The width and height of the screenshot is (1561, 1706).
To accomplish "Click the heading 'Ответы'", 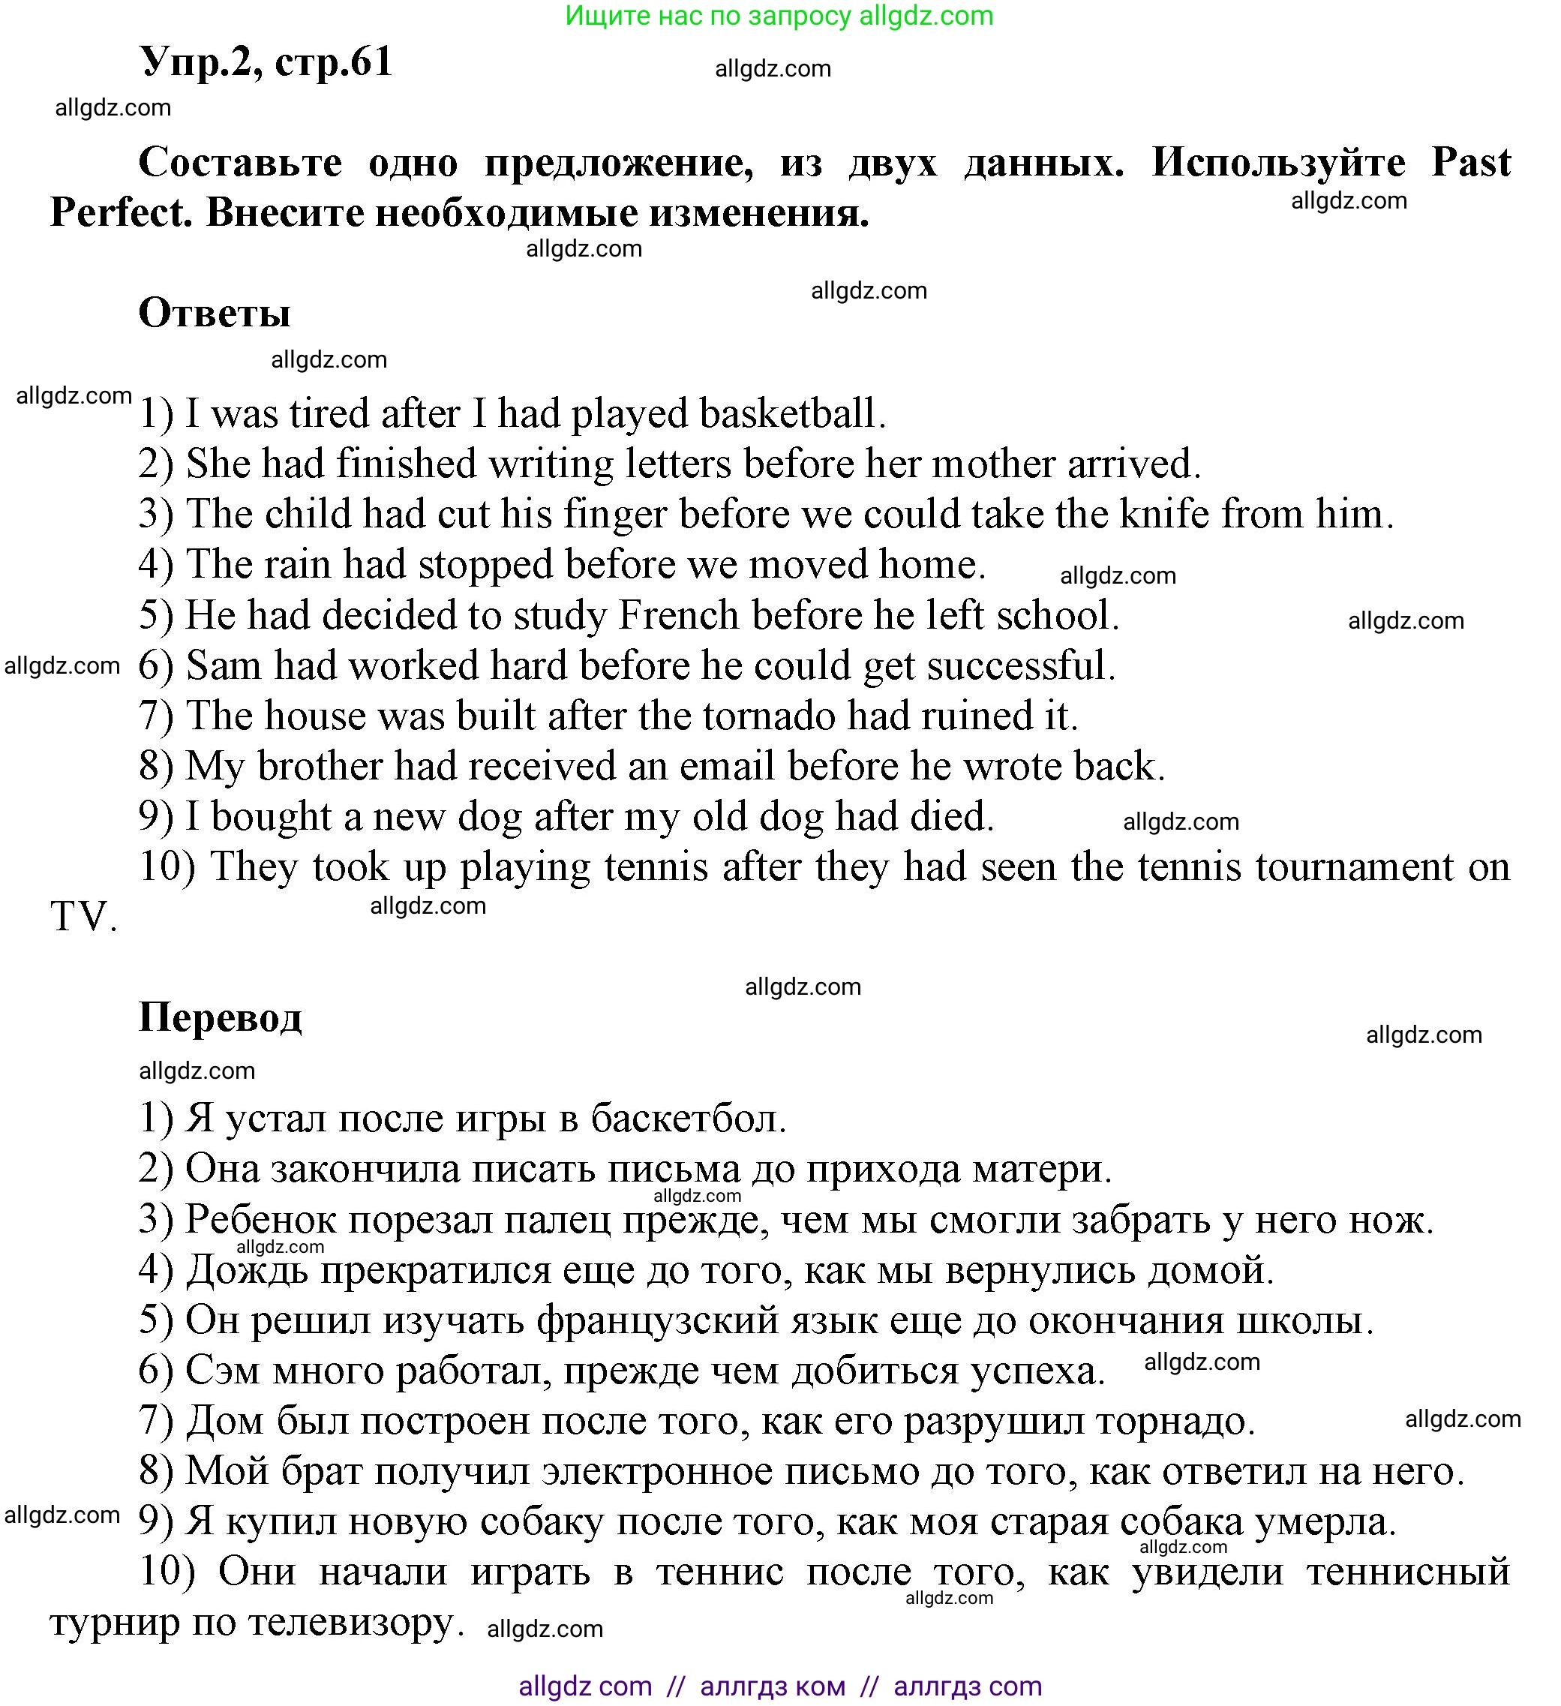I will click(214, 313).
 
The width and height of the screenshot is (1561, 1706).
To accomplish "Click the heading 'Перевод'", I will click(220, 1017).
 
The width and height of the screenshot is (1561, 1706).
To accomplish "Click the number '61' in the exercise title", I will click(371, 62).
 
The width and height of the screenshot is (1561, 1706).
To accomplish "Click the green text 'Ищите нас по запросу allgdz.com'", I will click(779, 15).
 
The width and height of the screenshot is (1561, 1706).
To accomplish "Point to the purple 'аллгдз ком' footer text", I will click(773, 1686).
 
